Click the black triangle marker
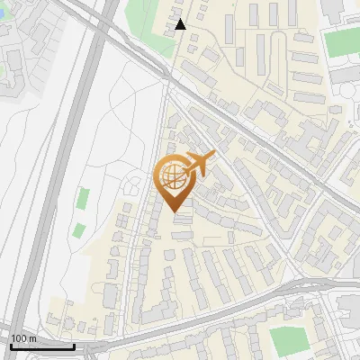[x=181, y=24]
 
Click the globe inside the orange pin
[x=174, y=175]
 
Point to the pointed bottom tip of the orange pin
[x=174, y=211]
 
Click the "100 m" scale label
[x=23, y=338]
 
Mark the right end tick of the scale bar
[x=73, y=345]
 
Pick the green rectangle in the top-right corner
[x=341, y=42]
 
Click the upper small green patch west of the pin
[x=84, y=198]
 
